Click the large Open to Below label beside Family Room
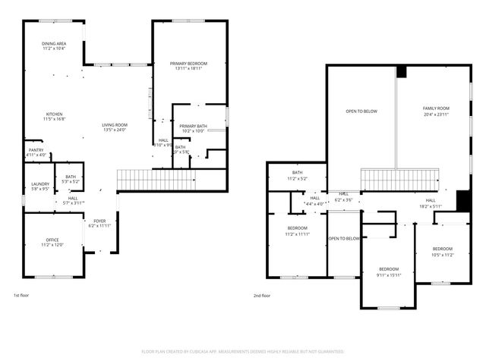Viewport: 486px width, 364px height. point(361,111)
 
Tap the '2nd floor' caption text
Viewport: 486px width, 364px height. point(261,296)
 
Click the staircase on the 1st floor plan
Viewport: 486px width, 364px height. point(152,180)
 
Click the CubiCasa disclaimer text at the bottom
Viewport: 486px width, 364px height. point(243,352)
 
